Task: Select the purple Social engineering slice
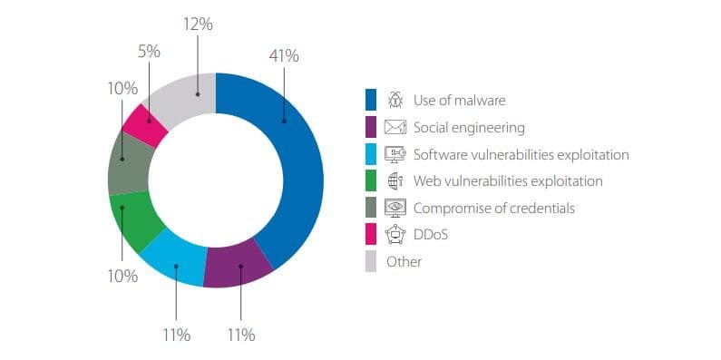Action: point(239,266)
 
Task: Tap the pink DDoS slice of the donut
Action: point(146,124)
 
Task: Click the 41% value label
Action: point(284,56)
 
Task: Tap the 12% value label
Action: point(198,24)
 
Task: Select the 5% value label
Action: point(149,52)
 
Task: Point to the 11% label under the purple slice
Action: point(241,336)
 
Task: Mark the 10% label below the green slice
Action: point(122,277)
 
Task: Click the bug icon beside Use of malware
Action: point(395,100)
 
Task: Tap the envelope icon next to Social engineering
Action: point(395,127)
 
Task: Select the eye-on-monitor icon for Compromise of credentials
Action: point(395,208)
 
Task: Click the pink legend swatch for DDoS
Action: point(371,235)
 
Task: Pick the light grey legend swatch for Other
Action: point(371,261)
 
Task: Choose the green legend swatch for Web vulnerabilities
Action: point(371,180)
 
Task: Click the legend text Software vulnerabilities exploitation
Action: point(521,154)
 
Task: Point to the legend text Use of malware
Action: point(460,100)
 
